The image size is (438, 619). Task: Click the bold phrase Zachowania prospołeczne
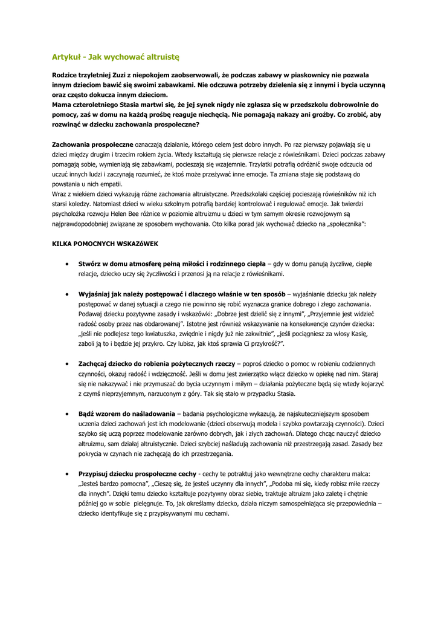coord(92,145)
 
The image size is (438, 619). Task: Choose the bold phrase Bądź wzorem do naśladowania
coord(126,413)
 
